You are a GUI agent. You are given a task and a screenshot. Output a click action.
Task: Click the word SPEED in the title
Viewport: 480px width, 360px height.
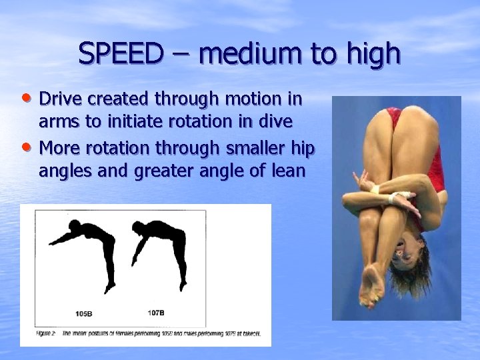[x=121, y=53]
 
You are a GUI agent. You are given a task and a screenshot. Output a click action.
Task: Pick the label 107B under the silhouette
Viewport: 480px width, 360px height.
[x=155, y=312]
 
